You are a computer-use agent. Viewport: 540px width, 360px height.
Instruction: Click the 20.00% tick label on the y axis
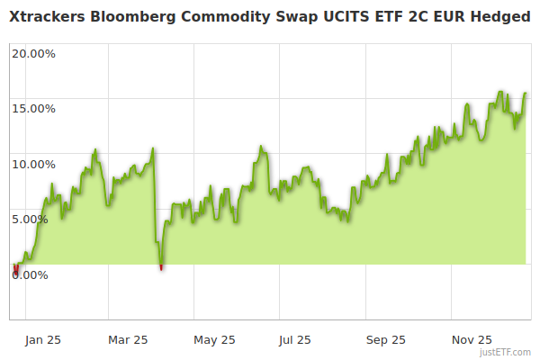pos(33,53)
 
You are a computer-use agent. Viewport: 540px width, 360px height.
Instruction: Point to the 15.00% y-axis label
pos(33,109)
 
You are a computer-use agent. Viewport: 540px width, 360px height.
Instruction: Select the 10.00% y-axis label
pos(33,164)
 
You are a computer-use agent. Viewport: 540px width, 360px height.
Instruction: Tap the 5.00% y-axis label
pos(36,219)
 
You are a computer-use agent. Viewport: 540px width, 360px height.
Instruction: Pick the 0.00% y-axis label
pos(29,274)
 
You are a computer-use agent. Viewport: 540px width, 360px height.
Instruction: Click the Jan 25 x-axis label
pos(42,339)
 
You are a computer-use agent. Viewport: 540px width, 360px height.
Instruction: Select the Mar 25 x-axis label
pos(128,339)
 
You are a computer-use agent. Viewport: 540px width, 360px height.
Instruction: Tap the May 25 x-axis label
pos(214,339)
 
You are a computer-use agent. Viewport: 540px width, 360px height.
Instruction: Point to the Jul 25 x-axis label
pos(295,339)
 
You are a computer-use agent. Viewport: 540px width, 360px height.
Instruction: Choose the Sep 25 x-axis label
pos(385,339)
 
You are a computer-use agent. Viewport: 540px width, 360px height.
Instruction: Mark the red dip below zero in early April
pos(161,266)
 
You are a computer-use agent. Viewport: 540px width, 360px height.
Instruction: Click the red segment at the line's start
pos(15,270)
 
